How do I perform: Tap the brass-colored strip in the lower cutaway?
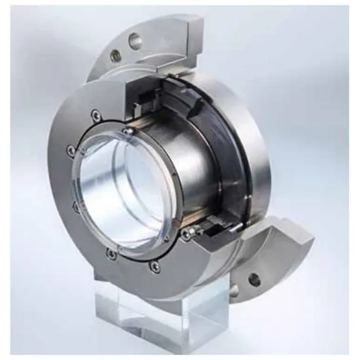tap(209, 226)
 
